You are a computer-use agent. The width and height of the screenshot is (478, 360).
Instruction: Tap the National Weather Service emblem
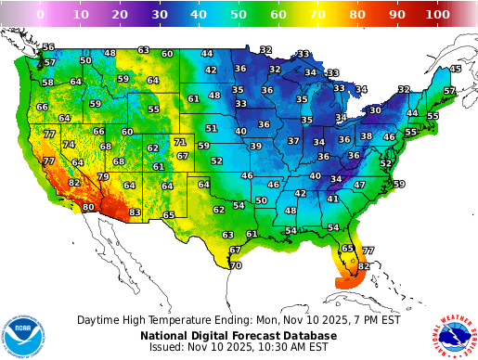pyautogui.click(x=452, y=331)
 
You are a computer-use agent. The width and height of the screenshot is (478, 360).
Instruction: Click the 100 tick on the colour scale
pyautogui.click(x=438, y=15)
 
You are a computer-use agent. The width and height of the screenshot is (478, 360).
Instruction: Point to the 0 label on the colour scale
pyautogui.click(x=39, y=15)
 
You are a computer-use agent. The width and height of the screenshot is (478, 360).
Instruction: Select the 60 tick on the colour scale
pyautogui.click(x=278, y=15)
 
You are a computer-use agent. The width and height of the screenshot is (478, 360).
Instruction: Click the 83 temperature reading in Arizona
pyautogui.click(x=135, y=212)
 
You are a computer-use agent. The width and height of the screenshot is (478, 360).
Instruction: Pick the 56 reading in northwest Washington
pyautogui.click(x=48, y=47)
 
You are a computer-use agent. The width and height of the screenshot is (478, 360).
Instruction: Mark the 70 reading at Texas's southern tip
pyautogui.click(x=236, y=265)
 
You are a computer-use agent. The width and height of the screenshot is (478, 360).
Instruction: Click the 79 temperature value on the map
pyautogui.click(x=103, y=176)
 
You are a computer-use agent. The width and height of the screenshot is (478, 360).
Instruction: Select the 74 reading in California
pyautogui.click(x=69, y=145)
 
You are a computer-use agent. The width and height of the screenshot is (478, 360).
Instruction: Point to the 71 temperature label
pyautogui.click(x=179, y=142)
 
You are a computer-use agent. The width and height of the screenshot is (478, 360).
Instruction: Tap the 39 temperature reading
pyautogui.click(x=255, y=146)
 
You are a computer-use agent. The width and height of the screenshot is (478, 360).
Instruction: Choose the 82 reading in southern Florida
pyautogui.click(x=364, y=266)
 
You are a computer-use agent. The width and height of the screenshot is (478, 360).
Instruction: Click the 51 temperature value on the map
pyautogui.click(x=212, y=128)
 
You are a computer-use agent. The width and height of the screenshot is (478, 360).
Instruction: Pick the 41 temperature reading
pyautogui.click(x=332, y=198)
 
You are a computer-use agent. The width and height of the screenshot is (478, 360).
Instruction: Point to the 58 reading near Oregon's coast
pyautogui.click(x=46, y=83)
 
